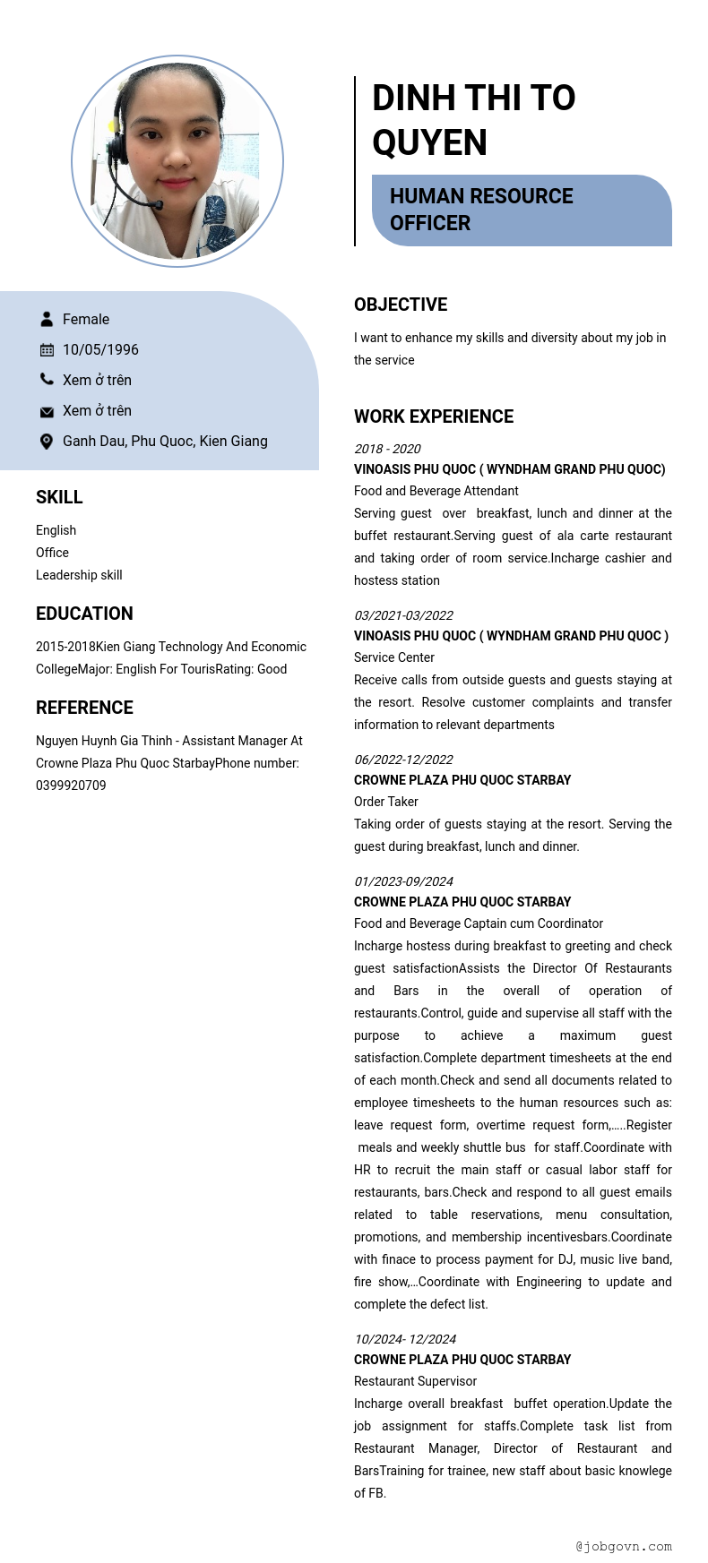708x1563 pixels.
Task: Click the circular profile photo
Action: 177,161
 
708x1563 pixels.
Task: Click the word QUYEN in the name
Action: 429,142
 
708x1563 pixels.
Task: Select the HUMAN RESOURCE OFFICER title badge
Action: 521,210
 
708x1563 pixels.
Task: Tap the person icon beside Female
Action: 47,319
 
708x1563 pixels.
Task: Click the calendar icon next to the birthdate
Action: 47,350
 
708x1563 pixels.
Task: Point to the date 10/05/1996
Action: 100,350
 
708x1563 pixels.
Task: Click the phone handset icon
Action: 47,380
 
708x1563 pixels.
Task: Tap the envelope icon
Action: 47,411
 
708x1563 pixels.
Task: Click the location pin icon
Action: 47,442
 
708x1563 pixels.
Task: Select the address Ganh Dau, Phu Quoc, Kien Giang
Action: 165,442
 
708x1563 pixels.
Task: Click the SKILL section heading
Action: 59,497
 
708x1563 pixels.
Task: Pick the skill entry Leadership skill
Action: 79,575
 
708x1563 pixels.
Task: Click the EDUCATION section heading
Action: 84,614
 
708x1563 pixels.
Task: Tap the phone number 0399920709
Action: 71,786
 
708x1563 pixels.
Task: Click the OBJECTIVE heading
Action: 401,305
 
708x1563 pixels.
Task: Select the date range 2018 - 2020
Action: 387,449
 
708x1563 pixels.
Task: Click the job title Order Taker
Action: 386,802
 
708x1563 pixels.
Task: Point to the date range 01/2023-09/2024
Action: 403,881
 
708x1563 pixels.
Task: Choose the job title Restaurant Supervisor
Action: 415,1381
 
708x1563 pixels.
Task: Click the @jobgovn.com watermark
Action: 624,1546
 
